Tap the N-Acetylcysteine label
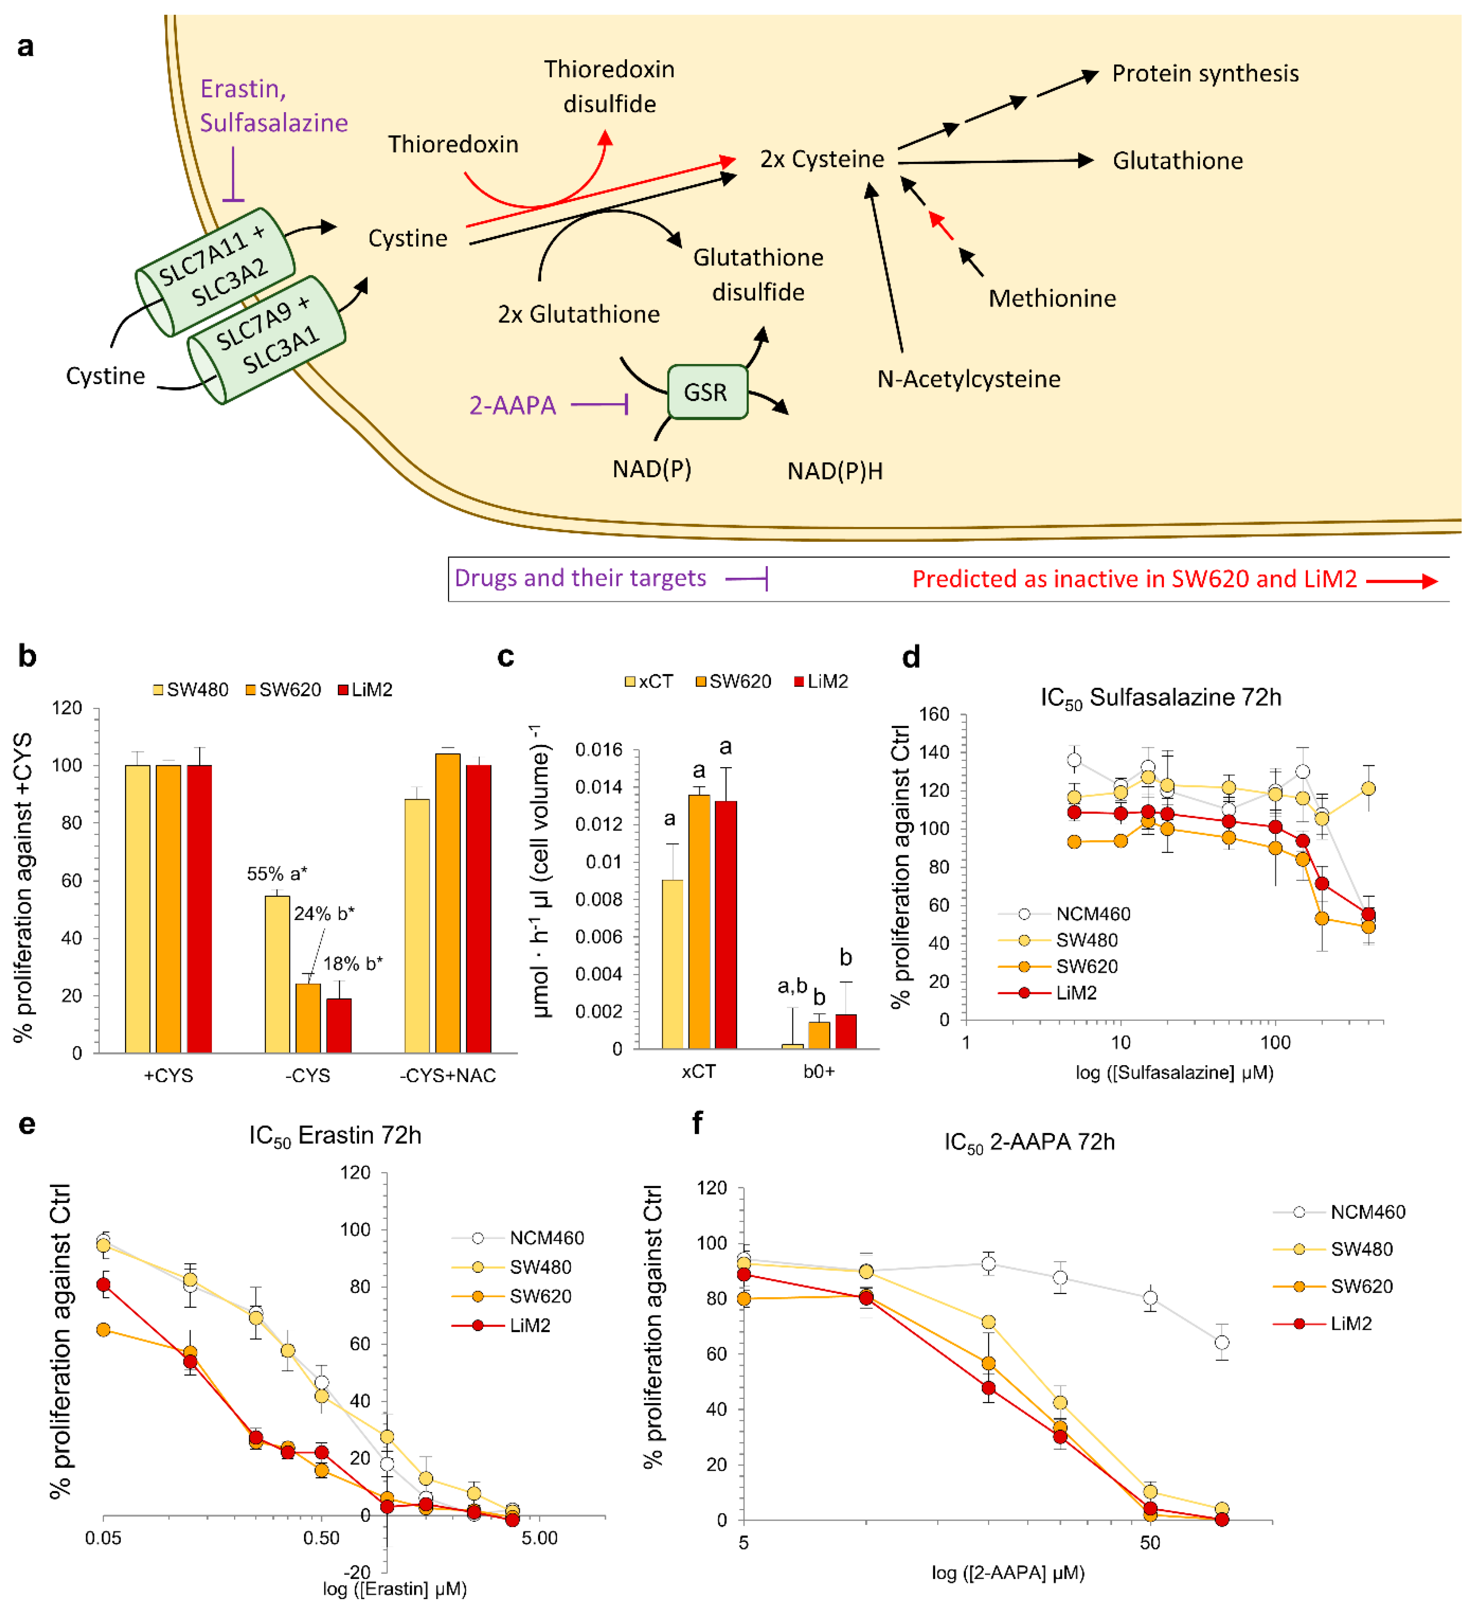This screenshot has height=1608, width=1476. pyautogui.click(x=968, y=379)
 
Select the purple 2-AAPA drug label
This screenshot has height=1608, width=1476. pyautogui.click(x=512, y=405)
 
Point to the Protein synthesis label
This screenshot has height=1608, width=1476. pyautogui.click(x=1204, y=73)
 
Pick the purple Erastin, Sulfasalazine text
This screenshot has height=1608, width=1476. pyautogui.click(x=273, y=106)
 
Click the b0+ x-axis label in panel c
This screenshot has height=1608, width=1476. pyautogui.click(x=819, y=1071)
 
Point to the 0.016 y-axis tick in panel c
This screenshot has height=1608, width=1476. pyautogui.click(x=598, y=750)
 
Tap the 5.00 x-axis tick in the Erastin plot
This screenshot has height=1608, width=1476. pyautogui.click(x=539, y=1538)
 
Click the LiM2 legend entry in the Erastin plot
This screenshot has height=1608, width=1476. pyautogui.click(x=530, y=1326)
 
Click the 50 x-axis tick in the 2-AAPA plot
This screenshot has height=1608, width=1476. pyautogui.click(x=1150, y=1542)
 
